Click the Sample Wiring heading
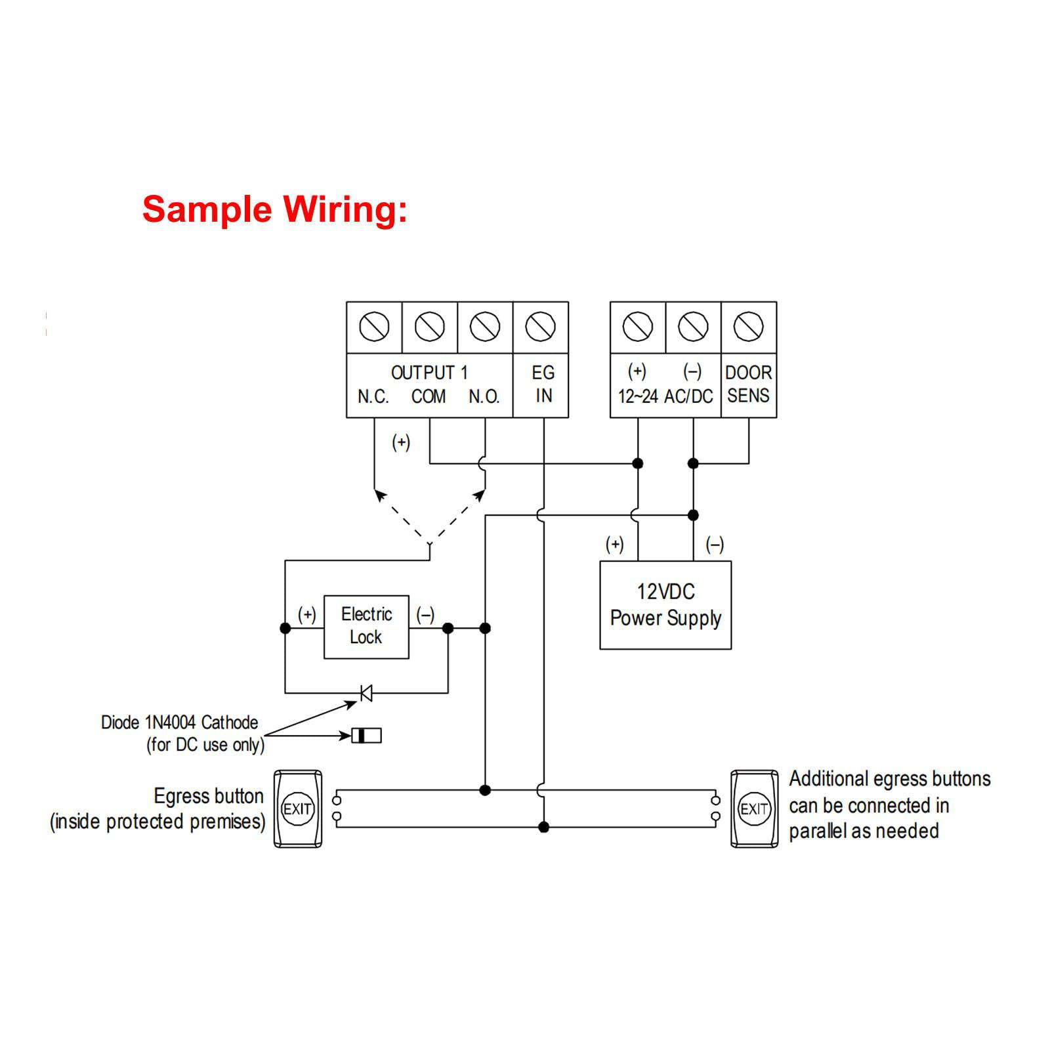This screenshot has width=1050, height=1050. coord(274,210)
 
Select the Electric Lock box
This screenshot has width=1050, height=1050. coord(366,627)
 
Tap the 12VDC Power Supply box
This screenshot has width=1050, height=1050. coord(665,605)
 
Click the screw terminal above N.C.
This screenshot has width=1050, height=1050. coord(375,327)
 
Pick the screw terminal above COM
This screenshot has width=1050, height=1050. coord(430,327)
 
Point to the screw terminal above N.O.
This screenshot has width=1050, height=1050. coord(485,327)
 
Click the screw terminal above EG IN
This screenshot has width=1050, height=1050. coord(541,327)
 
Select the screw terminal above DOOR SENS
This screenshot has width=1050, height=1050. coord(748,327)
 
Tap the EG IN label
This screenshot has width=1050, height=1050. coord(543,385)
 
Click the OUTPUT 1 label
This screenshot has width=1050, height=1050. coord(429,373)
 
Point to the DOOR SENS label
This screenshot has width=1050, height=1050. coord(748,385)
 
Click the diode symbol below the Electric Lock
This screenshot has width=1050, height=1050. coord(366,692)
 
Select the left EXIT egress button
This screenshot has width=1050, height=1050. coord(297,808)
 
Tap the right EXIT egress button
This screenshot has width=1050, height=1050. coord(754,808)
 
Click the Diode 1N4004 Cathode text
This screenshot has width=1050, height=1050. coord(179,723)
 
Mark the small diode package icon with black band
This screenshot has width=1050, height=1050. coord(366,736)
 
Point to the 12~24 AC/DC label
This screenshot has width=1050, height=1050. coord(665,396)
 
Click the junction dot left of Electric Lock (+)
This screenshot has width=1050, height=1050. coord(285,628)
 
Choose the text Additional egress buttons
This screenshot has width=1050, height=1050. coord(889,779)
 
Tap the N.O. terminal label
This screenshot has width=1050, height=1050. coord(484,397)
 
